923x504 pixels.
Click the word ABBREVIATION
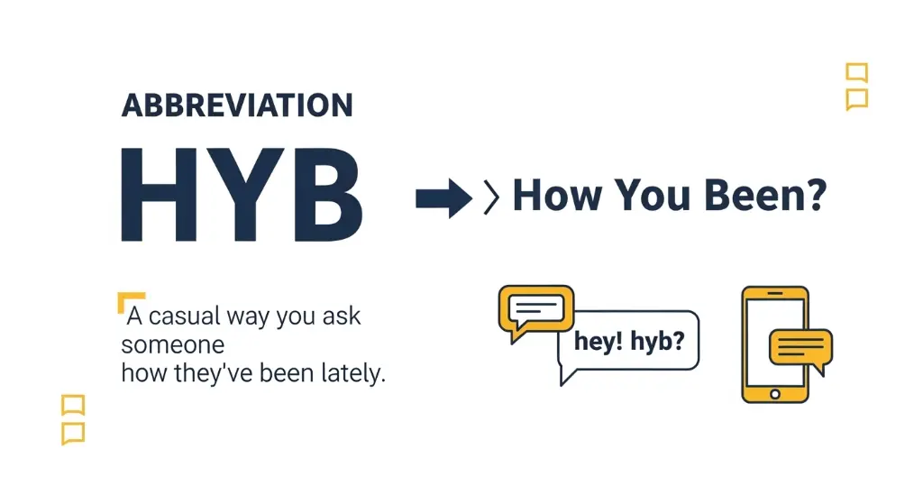click(237, 105)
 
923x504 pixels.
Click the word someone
click(173, 345)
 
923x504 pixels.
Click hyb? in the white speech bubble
click(653, 344)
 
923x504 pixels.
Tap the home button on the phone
click(774, 393)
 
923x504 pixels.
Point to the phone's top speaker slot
click(774, 293)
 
